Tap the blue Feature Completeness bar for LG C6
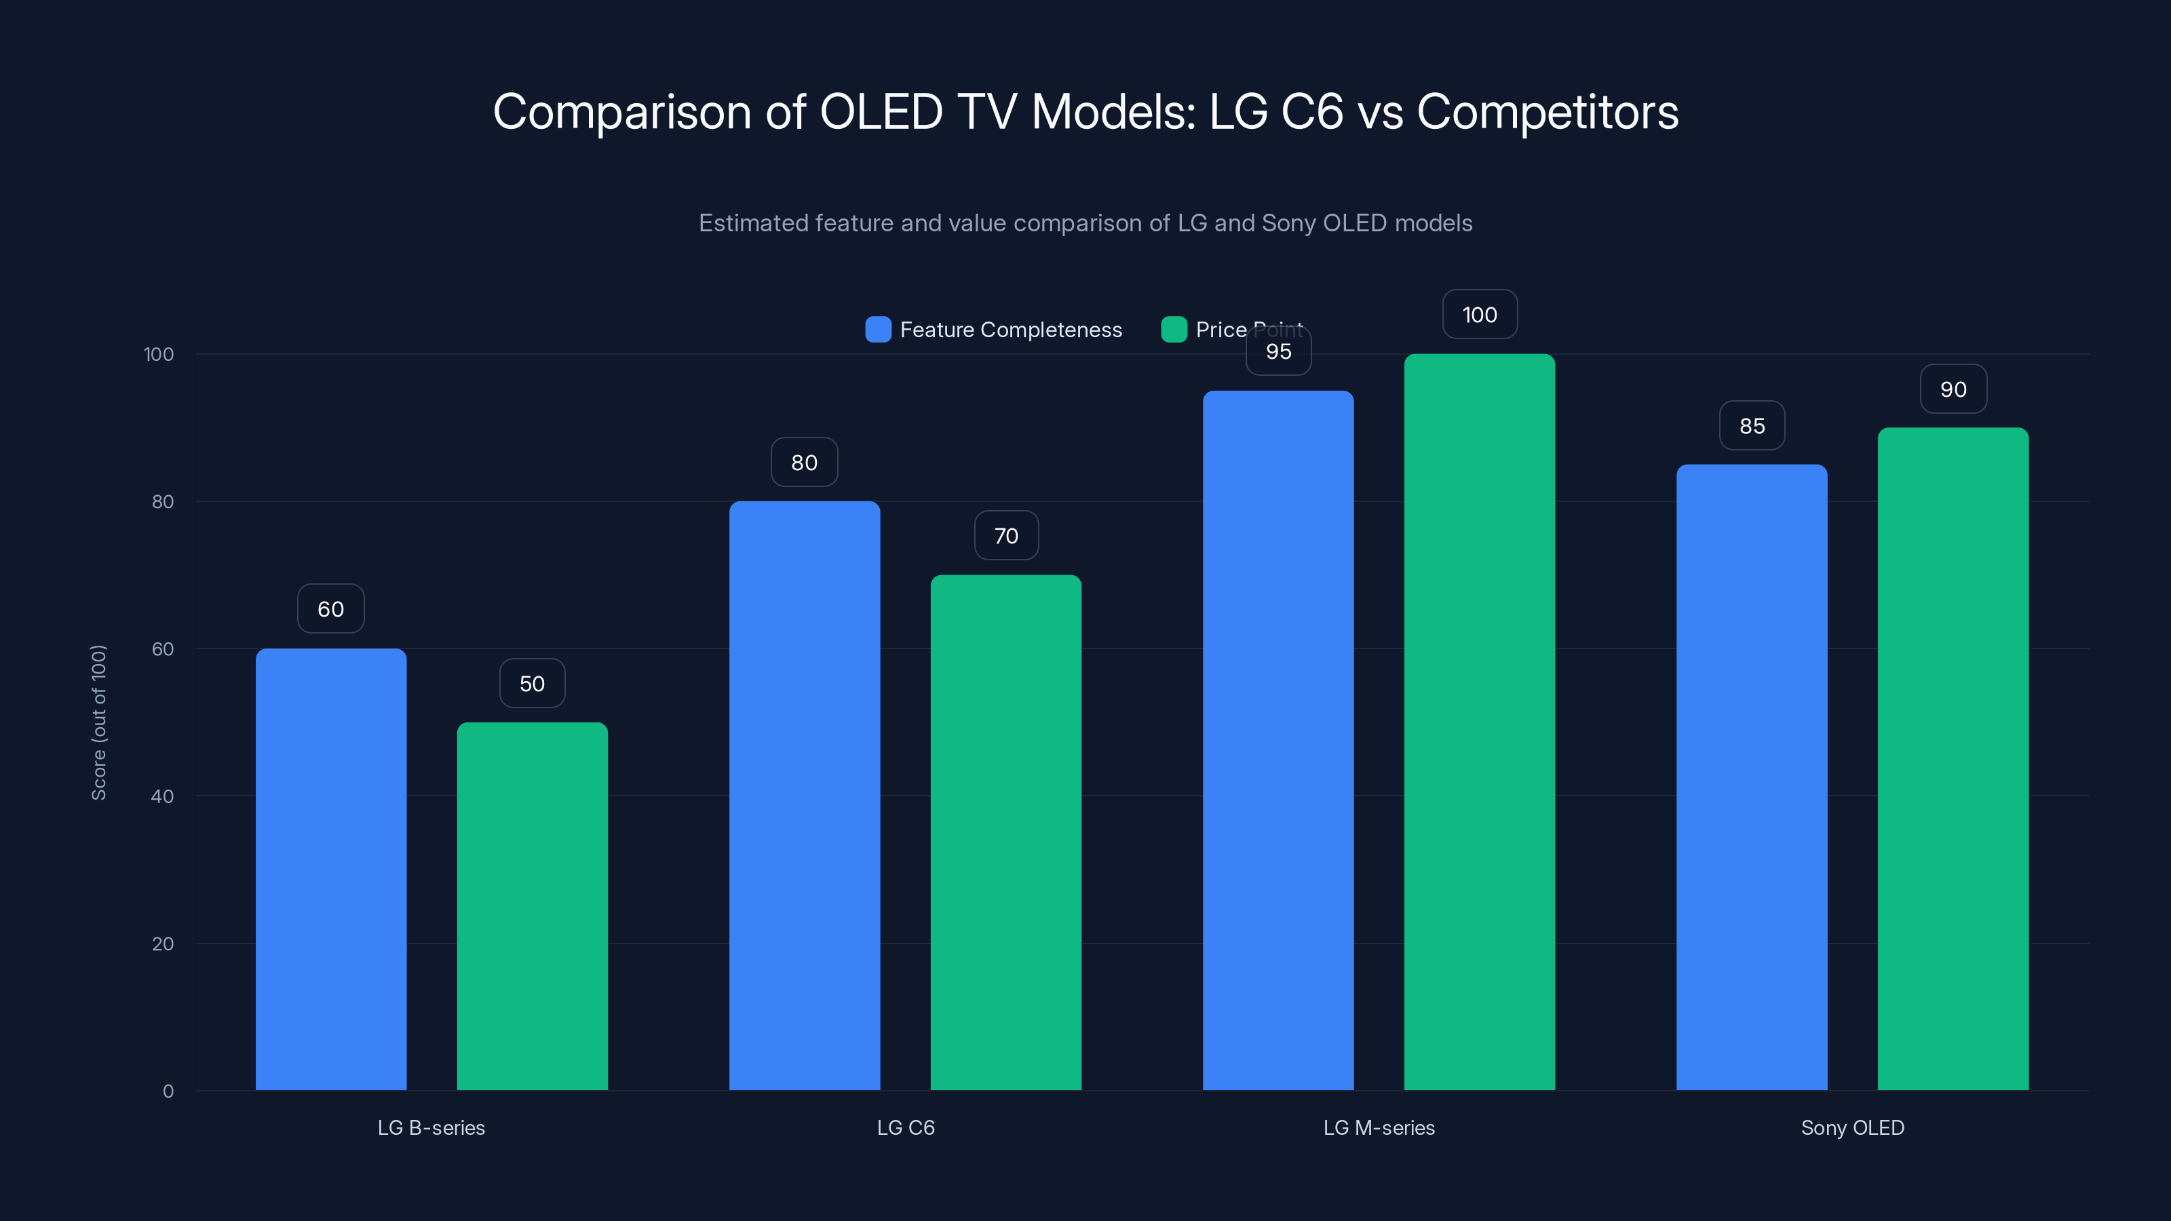coord(804,796)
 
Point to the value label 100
coord(1479,315)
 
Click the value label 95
coord(1277,352)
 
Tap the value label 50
coord(532,683)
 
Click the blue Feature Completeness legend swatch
coord(878,330)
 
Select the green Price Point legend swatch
coord(1173,330)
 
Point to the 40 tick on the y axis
coord(163,796)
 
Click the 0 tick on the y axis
coord(168,1091)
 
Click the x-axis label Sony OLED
coord(1852,1127)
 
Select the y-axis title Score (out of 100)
coord(98,722)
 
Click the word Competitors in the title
coord(1548,112)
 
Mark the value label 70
coord(1005,536)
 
